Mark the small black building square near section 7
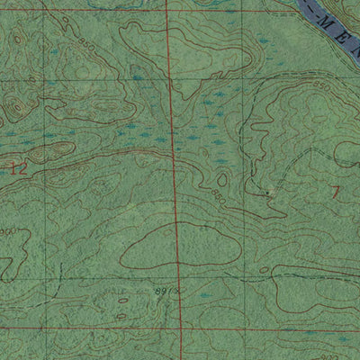[x=267, y=191]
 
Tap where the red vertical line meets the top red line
[x=168, y=10]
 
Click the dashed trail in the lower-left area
[x=54, y=280]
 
